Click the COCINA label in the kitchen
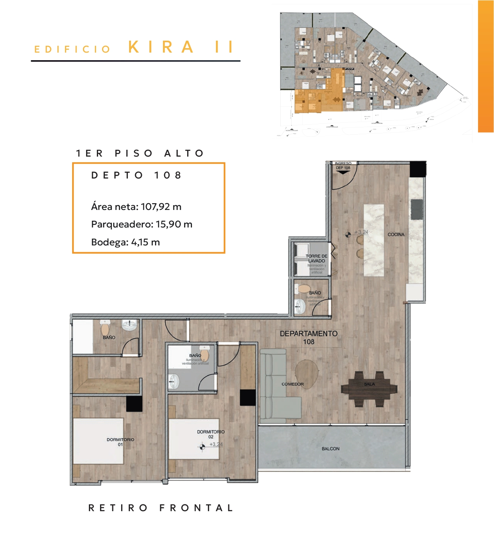coord(396,235)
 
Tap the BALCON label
coord(331,449)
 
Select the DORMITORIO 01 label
coord(120,442)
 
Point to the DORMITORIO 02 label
coord(211,434)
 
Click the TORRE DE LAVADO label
coord(316,259)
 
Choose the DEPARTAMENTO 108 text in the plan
coord(308,337)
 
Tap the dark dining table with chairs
coord(369,389)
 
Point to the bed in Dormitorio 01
coord(99,441)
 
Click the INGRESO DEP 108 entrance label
coord(343,166)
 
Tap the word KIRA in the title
coord(161,47)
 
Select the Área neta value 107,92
coord(155,207)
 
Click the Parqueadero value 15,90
coord(169,224)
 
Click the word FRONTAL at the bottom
coord(196,508)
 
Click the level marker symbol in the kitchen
coord(348,235)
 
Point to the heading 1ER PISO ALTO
coord(140,153)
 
